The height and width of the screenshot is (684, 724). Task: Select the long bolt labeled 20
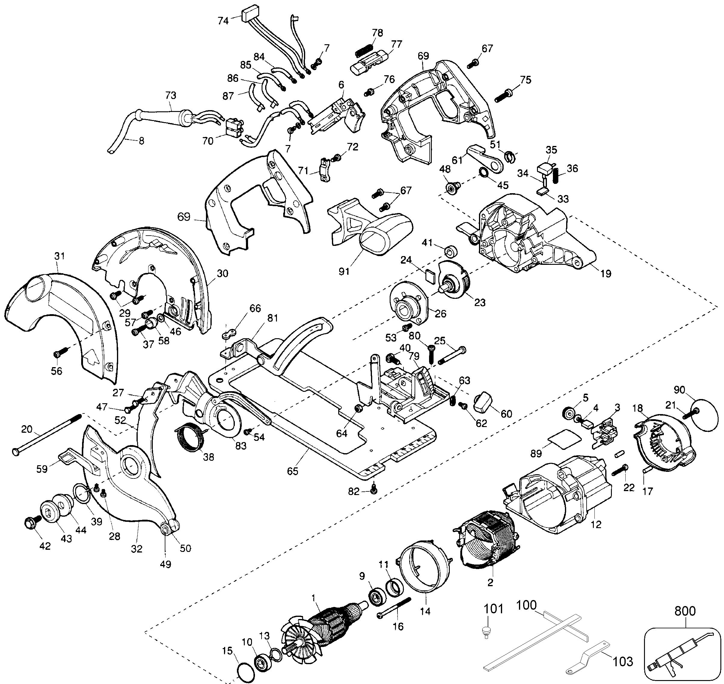48,434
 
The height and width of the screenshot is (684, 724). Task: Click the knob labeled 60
483,403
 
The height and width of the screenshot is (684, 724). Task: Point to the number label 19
606,274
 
